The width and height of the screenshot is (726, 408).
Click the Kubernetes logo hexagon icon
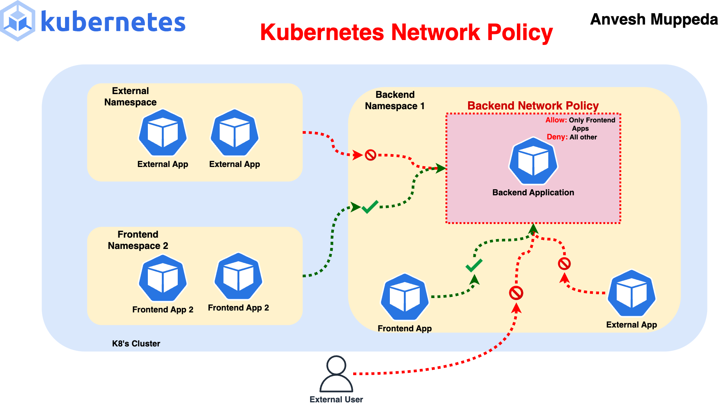(x=18, y=21)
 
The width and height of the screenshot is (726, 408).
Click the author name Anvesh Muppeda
(x=654, y=19)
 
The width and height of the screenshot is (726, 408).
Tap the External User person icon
(x=336, y=374)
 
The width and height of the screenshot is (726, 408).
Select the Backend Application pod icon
(x=533, y=161)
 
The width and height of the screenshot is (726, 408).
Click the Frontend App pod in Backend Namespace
(x=405, y=297)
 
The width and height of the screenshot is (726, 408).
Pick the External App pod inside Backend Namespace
(x=631, y=294)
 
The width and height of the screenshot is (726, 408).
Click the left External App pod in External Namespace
(x=163, y=133)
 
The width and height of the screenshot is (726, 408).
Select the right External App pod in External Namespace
(x=234, y=133)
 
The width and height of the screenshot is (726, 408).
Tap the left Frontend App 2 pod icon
(x=163, y=278)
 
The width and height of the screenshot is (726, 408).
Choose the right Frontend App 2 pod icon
(x=238, y=277)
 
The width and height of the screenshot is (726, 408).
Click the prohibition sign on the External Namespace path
(x=371, y=155)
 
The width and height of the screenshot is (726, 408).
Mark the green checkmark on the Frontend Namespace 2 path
(x=370, y=207)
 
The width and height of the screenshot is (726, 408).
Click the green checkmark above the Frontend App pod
(x=474, y=265)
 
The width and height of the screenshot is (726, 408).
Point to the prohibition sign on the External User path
(x=516, y=293)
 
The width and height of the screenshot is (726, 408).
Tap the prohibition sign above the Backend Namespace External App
(x=564, y=264)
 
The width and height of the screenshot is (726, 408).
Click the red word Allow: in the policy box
(x=556, y=120)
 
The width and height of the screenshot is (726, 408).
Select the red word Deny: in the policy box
(x=557, y=137)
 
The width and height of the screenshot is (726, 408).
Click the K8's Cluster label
(x=136, y=344)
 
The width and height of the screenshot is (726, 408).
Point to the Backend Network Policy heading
(x=533, y=106)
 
